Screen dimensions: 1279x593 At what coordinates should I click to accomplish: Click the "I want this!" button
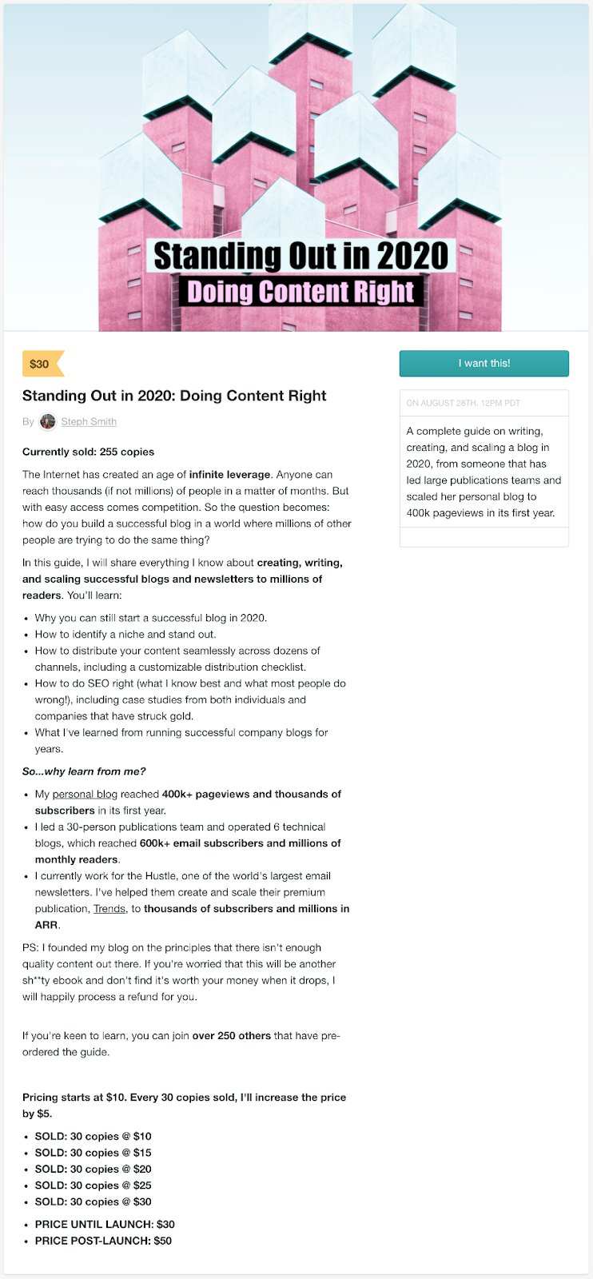click(x=484, y=363)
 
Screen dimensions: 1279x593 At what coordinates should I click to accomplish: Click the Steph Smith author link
click(x=89, y=421)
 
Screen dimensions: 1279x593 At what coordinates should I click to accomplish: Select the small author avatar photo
click(x=48, y=421)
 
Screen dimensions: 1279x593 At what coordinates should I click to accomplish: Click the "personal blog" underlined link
click(x=85, y=794)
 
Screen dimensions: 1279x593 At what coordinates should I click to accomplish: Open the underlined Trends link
click(x=109, y=908)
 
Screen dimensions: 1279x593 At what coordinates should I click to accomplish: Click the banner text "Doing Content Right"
click(x=300, y=292)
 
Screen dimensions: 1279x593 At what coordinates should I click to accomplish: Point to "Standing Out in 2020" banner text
click(x=300, y=256)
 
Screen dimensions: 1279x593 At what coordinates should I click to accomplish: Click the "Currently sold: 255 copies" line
click(x=88, y=452)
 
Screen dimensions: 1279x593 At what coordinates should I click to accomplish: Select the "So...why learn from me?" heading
click(x=84, y=771)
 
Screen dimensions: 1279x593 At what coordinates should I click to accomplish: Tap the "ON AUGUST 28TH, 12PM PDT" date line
click(x=463, y=403)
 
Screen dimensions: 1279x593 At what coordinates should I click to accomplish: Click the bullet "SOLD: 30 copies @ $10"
click(x=93, y=1136)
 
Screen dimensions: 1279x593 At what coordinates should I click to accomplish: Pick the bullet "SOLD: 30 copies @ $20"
click(x=93, y=1169)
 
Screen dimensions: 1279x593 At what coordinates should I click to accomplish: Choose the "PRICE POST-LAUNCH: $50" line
click(x=103, y=1241)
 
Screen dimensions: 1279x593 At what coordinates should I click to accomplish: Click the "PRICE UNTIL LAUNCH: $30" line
click(x=105, y=1224)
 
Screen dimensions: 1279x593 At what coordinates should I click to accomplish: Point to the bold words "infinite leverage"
click(x=230, y=474)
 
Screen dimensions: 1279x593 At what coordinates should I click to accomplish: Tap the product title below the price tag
click(x=174, y=395)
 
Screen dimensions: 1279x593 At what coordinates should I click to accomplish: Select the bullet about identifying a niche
click(x=125, y=634)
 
